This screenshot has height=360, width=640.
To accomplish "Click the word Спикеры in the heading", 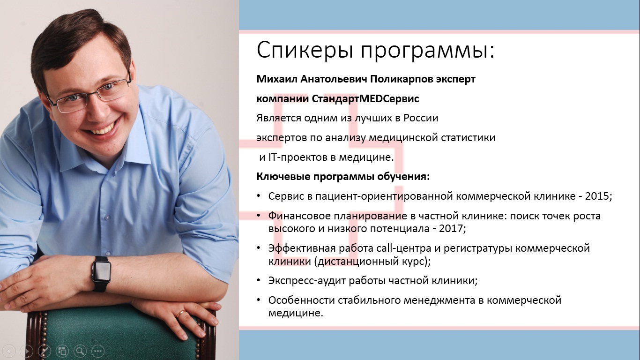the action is [x=305, y=50].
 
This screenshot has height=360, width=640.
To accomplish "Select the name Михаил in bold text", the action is [x=276, y=79].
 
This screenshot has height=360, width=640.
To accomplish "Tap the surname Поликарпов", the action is [x=401, y=79].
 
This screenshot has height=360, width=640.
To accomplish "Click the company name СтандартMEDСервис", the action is [x=365, y=98].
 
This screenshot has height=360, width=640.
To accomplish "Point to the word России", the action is [x=421, y=118].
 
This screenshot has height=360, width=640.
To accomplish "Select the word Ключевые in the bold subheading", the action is [x=283, y=177].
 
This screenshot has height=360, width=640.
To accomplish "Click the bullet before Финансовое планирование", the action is [x=259, y=215].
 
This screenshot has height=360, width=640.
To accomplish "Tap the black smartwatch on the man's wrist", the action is [x=101, y=273].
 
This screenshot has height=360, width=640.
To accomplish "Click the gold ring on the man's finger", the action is [x=180, y=314].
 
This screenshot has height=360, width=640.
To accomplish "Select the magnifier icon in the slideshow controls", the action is [x=80, y=351].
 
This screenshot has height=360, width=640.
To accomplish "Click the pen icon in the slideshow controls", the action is [x=45, y=351].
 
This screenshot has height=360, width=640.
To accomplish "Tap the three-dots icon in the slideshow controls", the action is [x=98, y=351].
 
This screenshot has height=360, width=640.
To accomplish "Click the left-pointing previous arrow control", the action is [x=9, y=351].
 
